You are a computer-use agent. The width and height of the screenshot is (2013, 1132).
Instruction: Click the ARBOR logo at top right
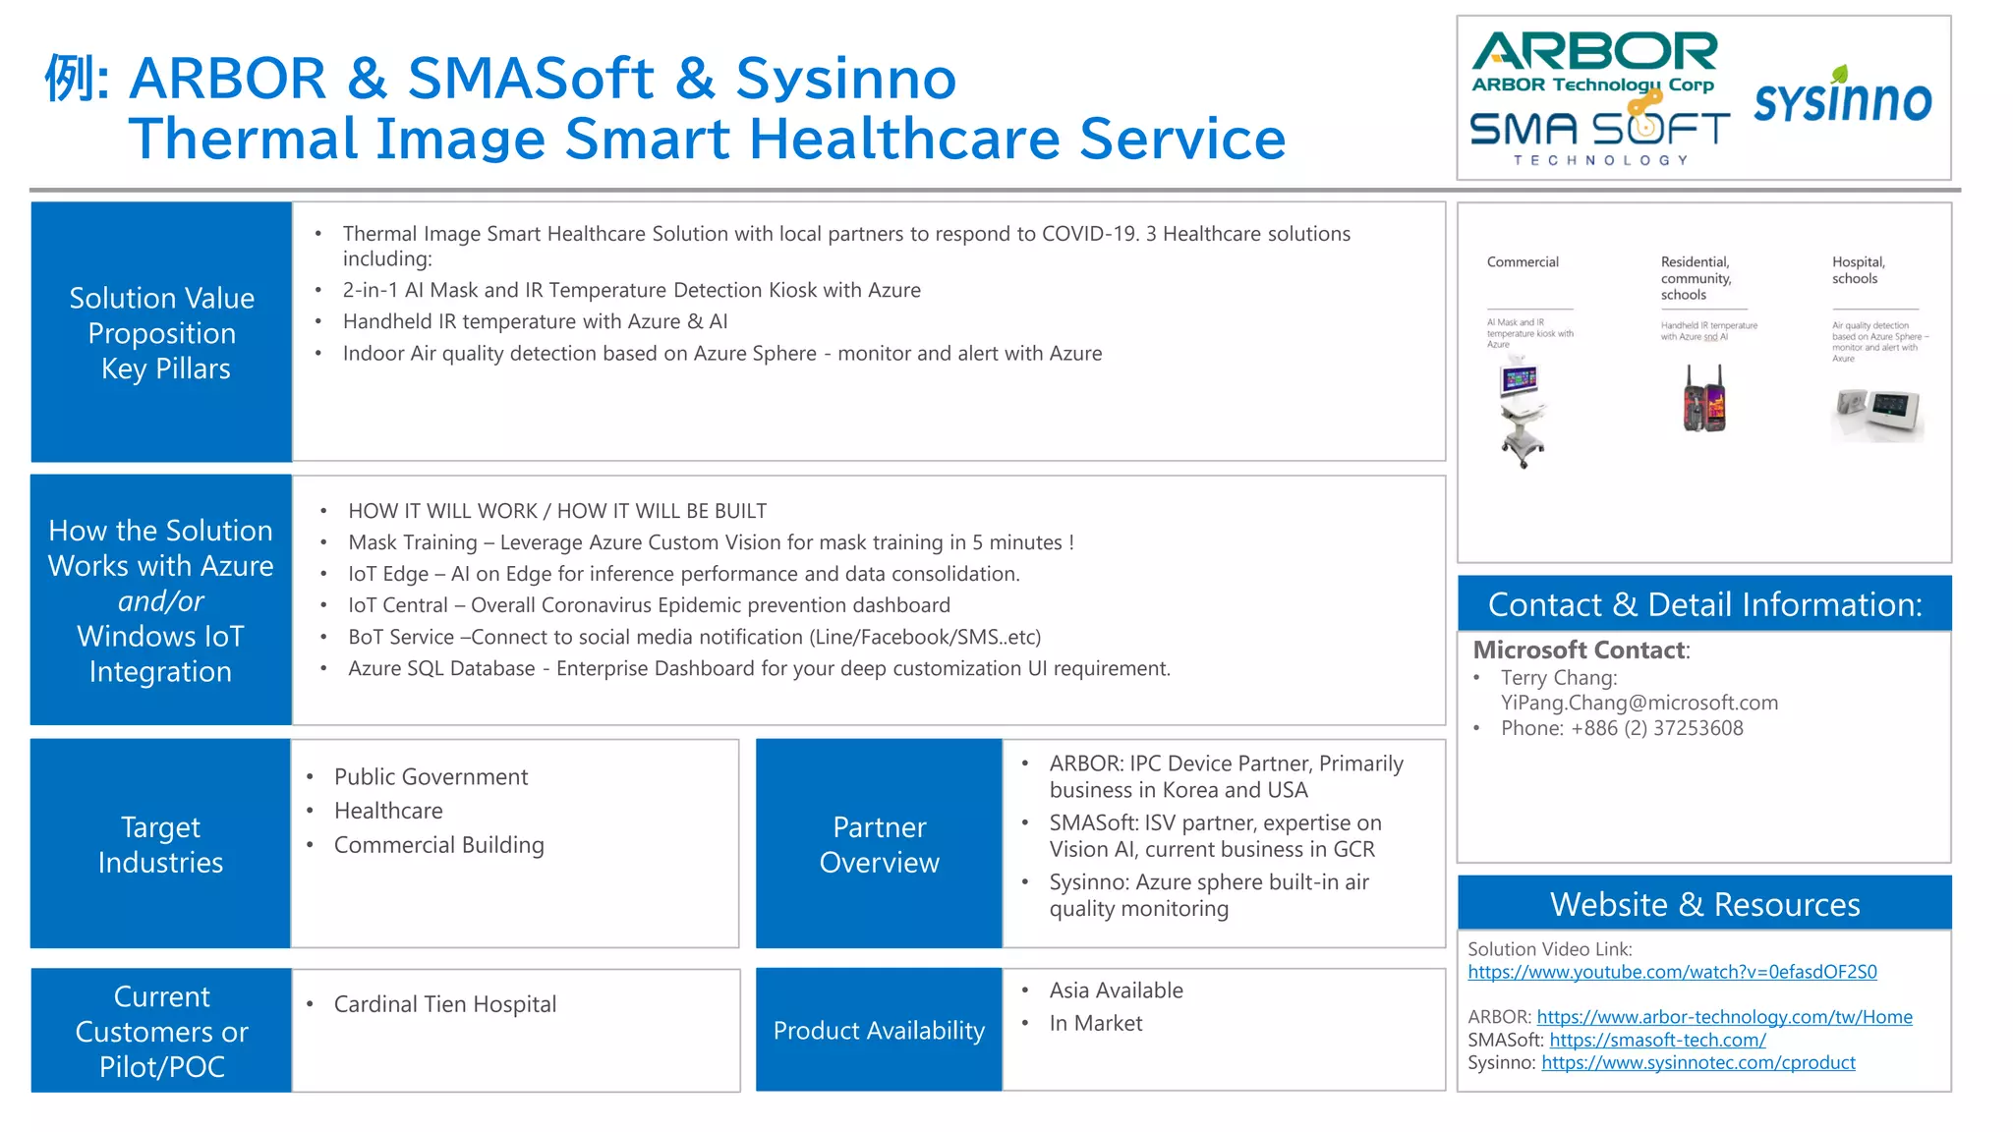pyautogui.click(x=1593, y=62)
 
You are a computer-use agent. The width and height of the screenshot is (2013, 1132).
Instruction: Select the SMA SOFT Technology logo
pyautogui.click(x=1599, y=137)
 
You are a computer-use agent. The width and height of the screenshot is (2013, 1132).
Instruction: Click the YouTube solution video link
pyautogui.click(x=1672, y=972)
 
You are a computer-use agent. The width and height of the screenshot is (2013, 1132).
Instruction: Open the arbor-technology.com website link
pyautogui.click(x=1724, y=1017)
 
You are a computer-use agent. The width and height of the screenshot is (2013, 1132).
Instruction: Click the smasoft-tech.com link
pyautogui.click(x=1657, y=1040)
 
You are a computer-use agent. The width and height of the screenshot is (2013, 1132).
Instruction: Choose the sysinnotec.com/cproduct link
pyautogui.click(x=1697, y=1062)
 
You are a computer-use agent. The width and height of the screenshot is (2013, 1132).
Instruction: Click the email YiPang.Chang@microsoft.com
pyautogui.click(x=1639, y=703)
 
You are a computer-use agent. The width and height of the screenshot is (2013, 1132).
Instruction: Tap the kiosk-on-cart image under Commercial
pyautogui.click(x=1522, y=414)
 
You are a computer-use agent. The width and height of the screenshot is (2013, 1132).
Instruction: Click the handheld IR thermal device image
pyautogui.click(x=1704, y=399)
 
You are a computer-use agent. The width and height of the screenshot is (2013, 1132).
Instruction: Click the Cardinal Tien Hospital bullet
pyautogui.click(x=444, y=1004)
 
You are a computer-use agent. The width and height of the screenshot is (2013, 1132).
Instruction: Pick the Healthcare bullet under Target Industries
pyautogui.click(x=388, y=811)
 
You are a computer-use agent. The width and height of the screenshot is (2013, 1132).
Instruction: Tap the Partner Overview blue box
pyautogui.click(x=879, y=844)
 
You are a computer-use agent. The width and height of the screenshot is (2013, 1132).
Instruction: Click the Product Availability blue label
pyautogui.click(x=879, y=1030)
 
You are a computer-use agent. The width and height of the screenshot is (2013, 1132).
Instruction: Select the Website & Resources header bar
pyautogui.click(x=1704, y=903)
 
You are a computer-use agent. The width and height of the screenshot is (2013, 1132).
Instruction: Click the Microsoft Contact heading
pyautogui.click(x=1580, y=650)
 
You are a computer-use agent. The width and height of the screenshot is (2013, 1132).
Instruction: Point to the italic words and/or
pyautogui.click(x=161, y=600)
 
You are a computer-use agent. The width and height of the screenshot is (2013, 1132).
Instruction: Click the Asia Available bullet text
pyautogui.click(x=1116, y=990)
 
